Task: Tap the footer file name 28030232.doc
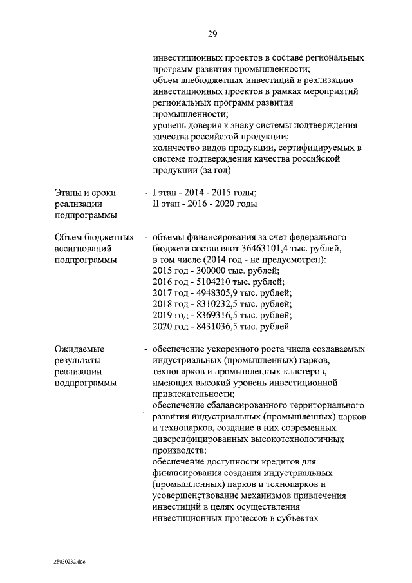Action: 70,562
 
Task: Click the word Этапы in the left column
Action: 70,192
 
